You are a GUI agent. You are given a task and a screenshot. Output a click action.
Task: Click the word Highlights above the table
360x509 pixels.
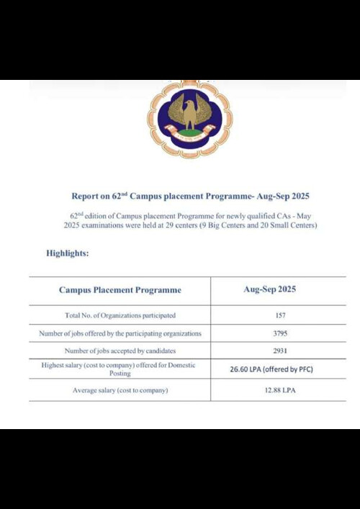68,253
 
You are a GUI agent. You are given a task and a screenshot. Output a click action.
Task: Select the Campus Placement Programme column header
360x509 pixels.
120,290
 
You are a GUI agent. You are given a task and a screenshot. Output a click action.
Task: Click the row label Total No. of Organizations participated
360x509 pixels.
120,315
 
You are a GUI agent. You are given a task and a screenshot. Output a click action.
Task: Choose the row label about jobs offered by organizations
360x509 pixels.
120,333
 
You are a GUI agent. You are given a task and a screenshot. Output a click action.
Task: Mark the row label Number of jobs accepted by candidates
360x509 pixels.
120,351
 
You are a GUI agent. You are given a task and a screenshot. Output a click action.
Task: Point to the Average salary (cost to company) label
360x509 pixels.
120,389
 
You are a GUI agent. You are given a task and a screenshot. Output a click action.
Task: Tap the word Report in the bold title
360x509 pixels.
86,196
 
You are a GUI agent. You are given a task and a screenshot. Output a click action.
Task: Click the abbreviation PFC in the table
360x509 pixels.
301,369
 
